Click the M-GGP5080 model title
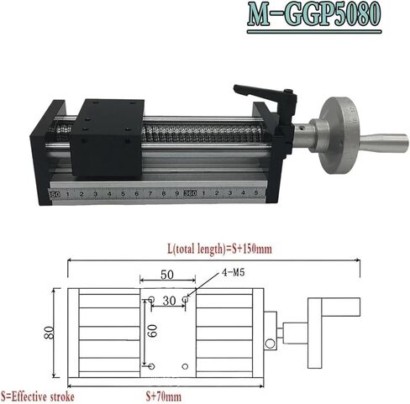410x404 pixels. click(x=314, y=14)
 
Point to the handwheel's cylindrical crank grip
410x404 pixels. click(x=384, y=144)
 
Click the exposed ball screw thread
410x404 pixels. click(x=203, y=134)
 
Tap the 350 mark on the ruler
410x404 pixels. click(x=54, y=194)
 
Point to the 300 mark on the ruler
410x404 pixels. click(x=190, y=193)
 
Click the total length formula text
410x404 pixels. click(x=220, y=249)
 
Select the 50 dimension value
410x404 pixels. click(x=167, y=275)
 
